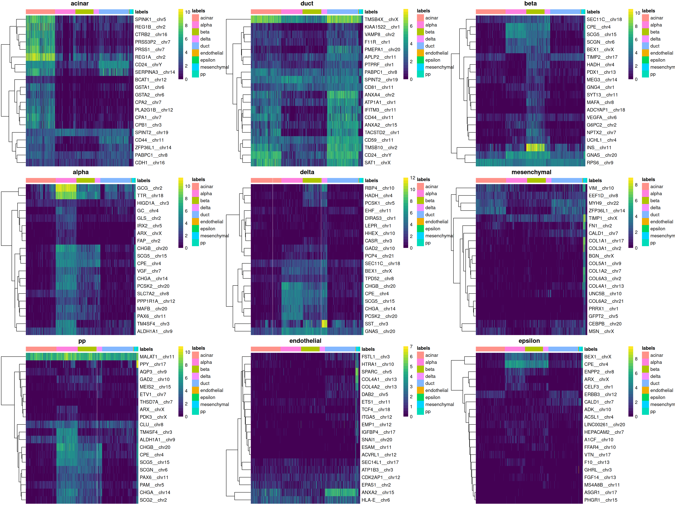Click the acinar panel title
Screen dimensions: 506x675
[x=80, y=4]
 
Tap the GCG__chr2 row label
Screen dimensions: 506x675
[x=150, y=188]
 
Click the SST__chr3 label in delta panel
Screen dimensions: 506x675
[x=376, y=324]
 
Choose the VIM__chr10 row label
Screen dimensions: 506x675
[x=601, y=188]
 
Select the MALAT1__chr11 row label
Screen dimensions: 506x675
[x=157, y=357]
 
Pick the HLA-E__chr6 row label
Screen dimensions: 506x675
[x=375, y=500]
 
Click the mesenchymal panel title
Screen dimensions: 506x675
[x=531, y=172]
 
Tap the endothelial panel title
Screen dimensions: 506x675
[x=305, y=341]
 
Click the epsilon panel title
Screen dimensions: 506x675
[x=529, y=341]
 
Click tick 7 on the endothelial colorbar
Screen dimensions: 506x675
[x=411, y=347]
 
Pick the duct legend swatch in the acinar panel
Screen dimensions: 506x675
[x=195, y=46]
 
